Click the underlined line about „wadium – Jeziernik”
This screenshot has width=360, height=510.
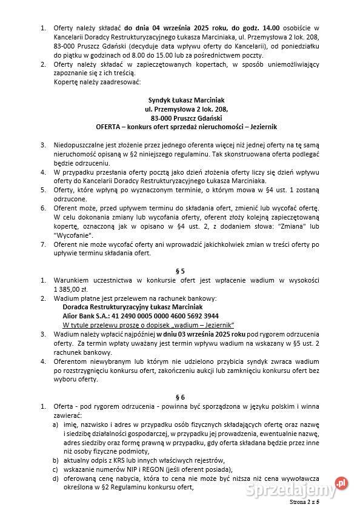148,324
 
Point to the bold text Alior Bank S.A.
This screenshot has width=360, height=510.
82,316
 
